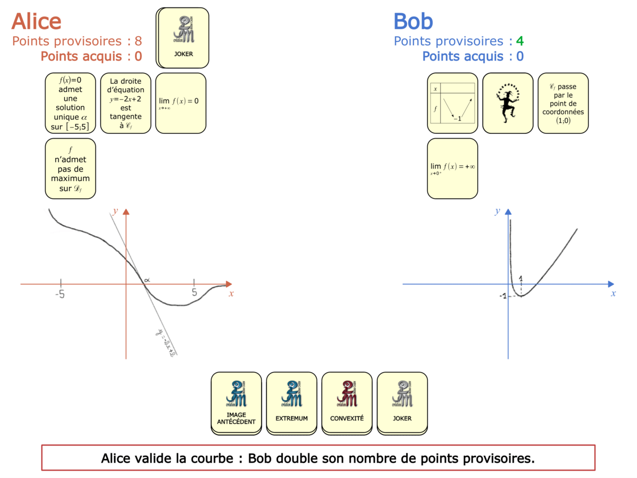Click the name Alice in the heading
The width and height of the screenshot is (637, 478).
point(36,22)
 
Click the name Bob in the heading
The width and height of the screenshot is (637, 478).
point(413,22)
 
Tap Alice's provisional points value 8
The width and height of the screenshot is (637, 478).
point(138,41)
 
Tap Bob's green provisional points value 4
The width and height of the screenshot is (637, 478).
point(520,41)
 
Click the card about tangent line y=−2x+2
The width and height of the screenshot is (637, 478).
point(125,103)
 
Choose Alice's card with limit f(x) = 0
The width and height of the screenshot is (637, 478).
point(180,103)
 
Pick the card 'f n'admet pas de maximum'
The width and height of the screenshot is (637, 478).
point(71,168)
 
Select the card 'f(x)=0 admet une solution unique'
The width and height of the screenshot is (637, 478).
point(71,103)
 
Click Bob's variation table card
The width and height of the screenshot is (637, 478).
point(452,103)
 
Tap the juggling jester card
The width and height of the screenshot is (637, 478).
point(507,103)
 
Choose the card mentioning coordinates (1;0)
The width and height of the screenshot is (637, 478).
point(563,103)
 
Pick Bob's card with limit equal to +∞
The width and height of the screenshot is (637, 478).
point(452,168)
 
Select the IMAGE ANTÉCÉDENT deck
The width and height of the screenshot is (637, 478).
point(236,402)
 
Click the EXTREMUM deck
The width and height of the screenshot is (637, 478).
point(291,402)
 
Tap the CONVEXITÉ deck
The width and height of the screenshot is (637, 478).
point(347,402)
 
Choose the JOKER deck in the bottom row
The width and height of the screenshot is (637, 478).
point(402,402)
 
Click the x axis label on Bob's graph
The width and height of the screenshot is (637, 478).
point(613,293)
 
